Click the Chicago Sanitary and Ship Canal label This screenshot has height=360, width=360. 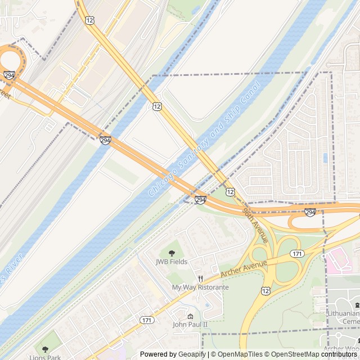(204, 139)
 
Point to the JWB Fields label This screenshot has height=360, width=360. (172, 262)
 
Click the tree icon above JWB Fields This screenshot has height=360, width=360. (172, 253)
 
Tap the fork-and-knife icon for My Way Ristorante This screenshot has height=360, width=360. (200, 278)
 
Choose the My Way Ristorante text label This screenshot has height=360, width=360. (200, 287)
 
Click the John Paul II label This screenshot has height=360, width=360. (190, 325)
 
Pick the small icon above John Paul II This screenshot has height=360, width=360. (190, 316)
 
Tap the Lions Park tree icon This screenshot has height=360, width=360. (46, 349)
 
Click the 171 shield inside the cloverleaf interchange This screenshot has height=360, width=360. (298, 254)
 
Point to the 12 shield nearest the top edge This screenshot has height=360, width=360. (90, 20)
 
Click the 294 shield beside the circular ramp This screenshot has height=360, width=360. (9, 75)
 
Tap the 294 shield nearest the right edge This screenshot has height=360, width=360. (310, 212)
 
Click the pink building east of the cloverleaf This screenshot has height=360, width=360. (339, 260)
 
